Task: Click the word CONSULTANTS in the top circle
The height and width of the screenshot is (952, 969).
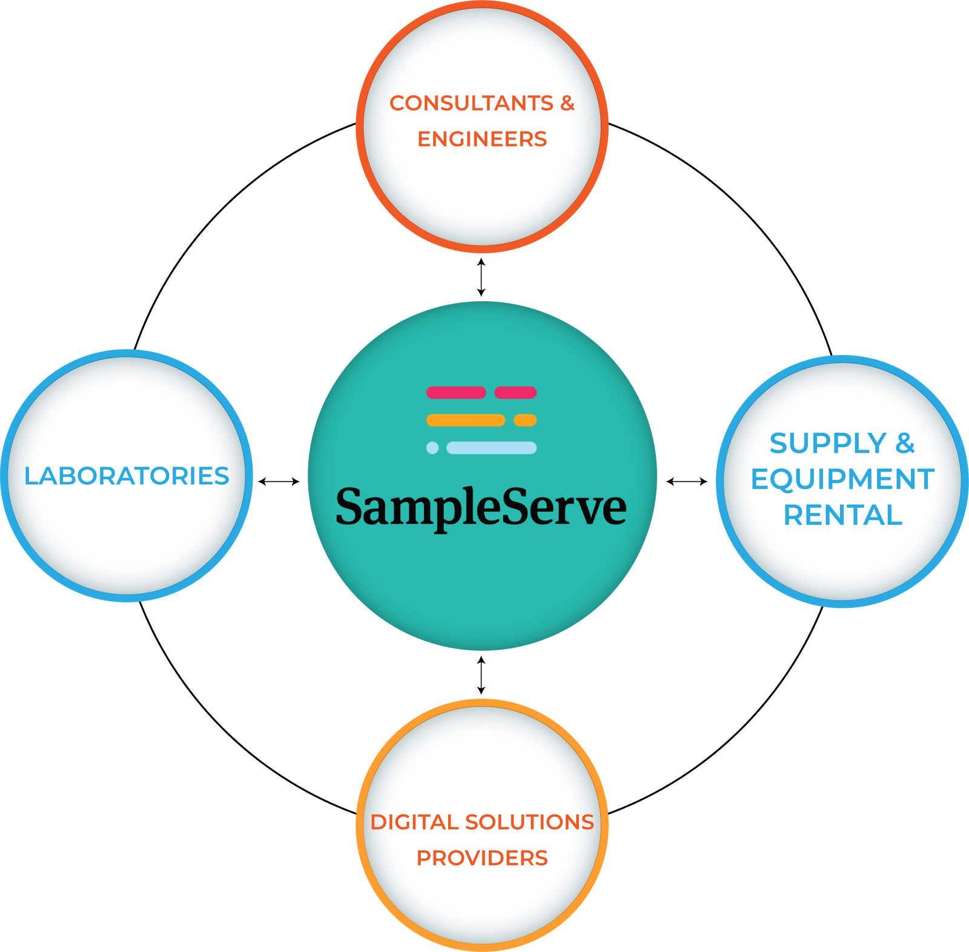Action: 471,104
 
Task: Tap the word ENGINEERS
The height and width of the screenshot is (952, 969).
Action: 482,139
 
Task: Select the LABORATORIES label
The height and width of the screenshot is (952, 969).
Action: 127,476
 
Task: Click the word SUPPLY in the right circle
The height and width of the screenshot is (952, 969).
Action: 828,444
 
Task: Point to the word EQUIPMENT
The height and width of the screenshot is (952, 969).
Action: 842,479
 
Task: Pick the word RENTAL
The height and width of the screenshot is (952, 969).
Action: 842,516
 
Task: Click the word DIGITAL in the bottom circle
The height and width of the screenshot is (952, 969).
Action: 414,822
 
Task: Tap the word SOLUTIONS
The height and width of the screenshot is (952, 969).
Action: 529,822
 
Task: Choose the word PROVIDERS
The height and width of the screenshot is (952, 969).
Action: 482,858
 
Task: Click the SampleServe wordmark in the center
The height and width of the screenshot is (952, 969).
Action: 481,507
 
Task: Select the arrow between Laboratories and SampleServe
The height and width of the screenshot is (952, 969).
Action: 279,482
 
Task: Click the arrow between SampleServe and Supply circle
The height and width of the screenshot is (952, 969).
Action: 687,482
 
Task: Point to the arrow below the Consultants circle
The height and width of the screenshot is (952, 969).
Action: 481,277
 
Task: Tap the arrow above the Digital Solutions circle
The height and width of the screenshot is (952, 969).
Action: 481,675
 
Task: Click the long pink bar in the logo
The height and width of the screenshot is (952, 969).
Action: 456,393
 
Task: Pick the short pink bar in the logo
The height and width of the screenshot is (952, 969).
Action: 515,393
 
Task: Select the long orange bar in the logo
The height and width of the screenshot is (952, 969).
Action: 466,420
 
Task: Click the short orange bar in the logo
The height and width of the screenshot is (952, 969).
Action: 525,420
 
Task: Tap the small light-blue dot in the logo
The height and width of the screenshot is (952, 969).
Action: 432,448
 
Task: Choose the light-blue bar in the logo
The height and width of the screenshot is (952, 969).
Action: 491,448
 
